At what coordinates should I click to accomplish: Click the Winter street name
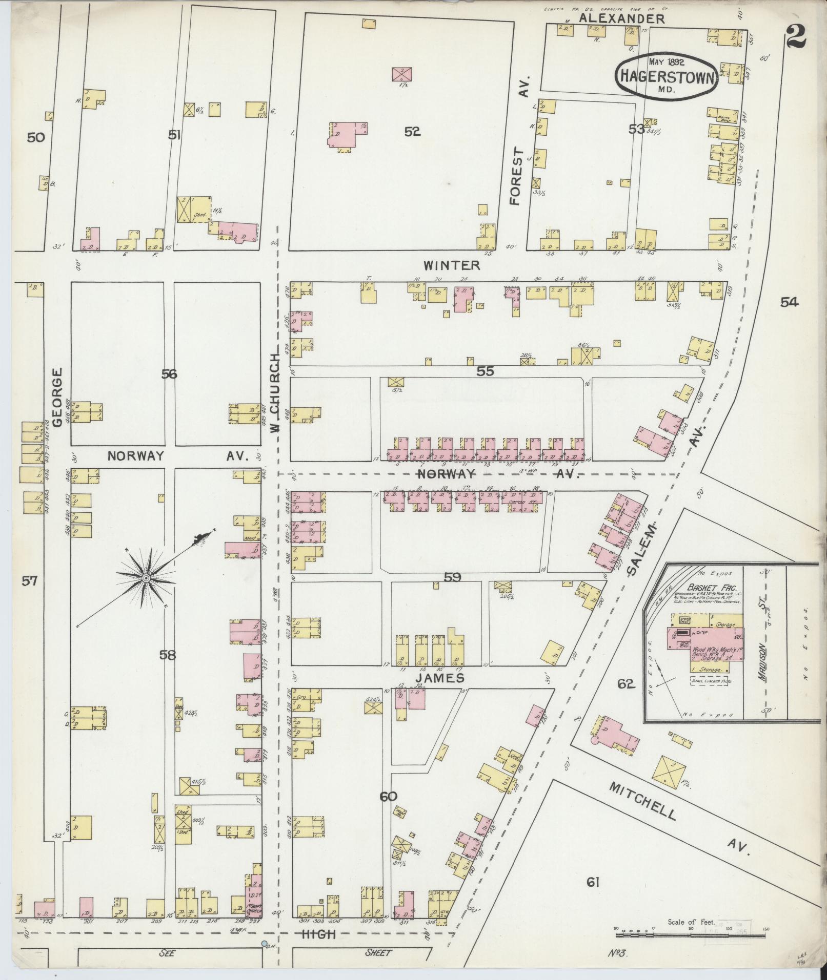(x=452, y=265)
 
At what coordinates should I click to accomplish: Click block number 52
(x=412, y=132)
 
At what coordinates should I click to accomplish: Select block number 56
(x=169, y=374)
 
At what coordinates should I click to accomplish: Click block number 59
(x=452, y=577)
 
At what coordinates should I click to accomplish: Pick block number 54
(x=789, y=303)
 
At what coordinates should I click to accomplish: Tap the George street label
(x=57, y=397)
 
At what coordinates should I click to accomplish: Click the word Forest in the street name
(x=516, y=177)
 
